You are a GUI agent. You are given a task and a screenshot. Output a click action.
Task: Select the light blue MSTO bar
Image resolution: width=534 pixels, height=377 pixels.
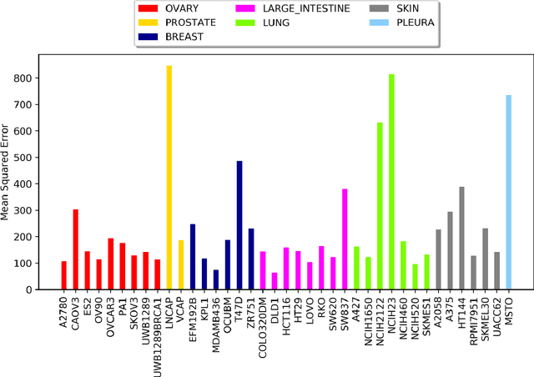pyautogui.click(x=508, y=193)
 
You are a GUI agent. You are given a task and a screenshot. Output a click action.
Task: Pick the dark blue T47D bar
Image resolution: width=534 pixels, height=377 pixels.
pyautogui.click(x=216, y=225)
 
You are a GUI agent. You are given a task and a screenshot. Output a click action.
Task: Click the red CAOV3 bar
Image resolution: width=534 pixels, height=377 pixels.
pyautogui.click(x=76, y=249)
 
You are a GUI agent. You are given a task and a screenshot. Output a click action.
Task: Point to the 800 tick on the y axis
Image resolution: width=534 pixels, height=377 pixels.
pyautogui.click(x=32, y=78)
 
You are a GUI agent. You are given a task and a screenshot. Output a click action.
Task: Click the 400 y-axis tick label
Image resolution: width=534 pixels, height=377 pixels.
pyautogui.click(x=32, y=184)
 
